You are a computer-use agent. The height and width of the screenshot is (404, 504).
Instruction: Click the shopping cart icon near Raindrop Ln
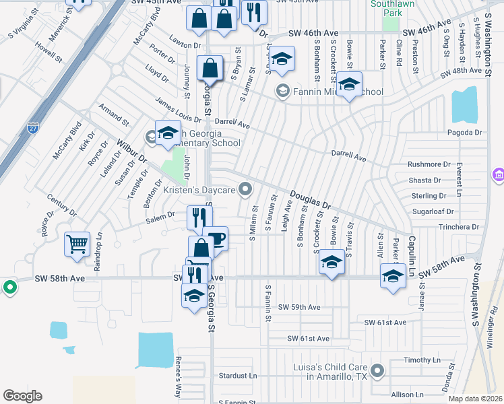77,244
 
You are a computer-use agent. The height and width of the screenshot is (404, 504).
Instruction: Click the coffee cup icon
215,238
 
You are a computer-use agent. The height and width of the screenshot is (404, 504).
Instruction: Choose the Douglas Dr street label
311,200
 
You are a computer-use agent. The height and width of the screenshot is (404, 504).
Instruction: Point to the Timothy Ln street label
422,360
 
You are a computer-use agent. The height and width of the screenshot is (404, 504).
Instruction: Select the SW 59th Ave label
301,307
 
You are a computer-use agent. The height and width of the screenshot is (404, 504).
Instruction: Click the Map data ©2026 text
476,399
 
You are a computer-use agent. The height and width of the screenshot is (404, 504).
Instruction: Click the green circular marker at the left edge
9,288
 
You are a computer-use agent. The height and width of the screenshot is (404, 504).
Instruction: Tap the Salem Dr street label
161,222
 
